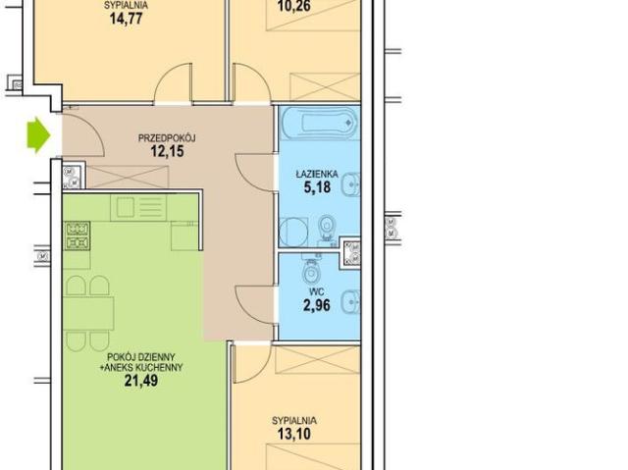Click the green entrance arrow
click(x=38, y=134)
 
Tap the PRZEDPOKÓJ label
click(x=167, y=138)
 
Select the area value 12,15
click(x=167, y=151)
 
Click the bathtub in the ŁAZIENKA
click(x=319, y=122)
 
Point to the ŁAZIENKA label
click(x=317, y=174)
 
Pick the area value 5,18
click(x=317, y=187)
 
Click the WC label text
click(x=316, y=292)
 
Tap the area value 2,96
click(x=316, y=305)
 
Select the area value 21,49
click(x=141, y=381)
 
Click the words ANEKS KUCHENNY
click(x=144, y=368)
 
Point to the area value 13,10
click(x=294, y=434)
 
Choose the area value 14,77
click(x=127, y=19)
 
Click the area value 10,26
click(x=294, y=7)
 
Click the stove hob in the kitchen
click(x=77, y=236)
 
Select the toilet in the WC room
click(x=311, y=271)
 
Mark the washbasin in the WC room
click(x=350, y=302)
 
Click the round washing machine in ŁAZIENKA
click(x=293, y=233)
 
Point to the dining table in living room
click(x=88, y=314)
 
